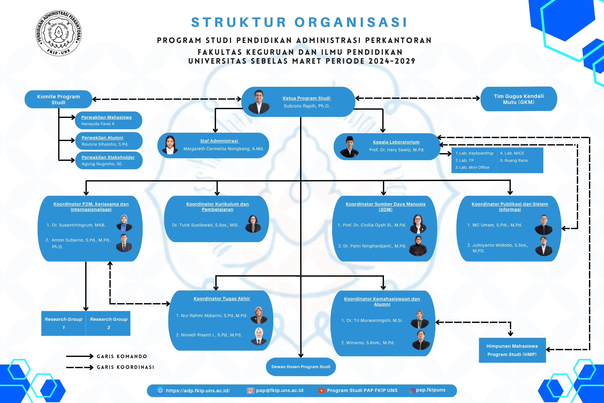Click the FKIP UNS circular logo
(x=59, y=33)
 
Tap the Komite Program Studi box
(x=58, y=99)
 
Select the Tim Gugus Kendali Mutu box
(x=519, y=99)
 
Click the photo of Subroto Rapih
(x=259, y=102)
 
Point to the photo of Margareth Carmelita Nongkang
(x=170, y=145)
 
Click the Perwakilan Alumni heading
(x=102, y=138)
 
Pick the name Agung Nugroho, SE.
(x=102, y=164)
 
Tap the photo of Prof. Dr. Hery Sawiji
(x=349, y=147)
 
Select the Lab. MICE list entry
(x=512, y=153)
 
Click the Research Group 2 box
(x=108, y=323)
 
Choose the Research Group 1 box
(x=63, y=323)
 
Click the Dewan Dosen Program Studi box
(x=301, y=367)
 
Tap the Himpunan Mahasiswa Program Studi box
(x=512, y=350)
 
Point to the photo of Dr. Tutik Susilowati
(x=253, y=224)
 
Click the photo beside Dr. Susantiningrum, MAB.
(x=124, y=223)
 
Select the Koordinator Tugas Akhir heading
(x=222, y=298)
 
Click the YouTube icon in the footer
(x=321, y=391)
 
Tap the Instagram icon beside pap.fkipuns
(x=412, y=391)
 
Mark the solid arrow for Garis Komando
(x=79, y=356)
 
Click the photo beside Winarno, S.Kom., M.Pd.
(x=421, y=340)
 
